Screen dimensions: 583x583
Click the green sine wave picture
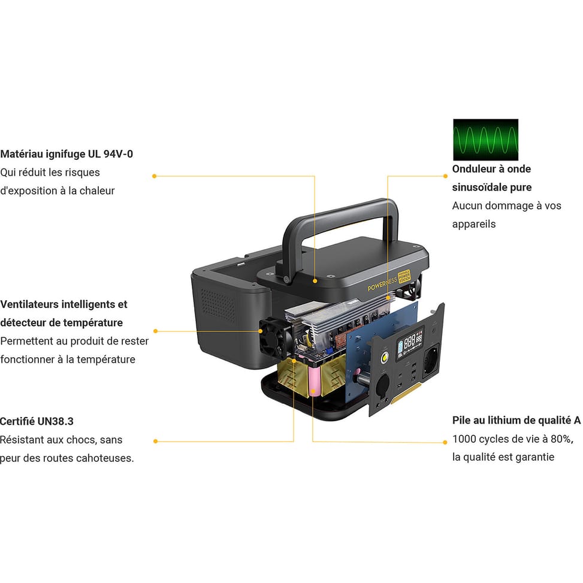point(485,140)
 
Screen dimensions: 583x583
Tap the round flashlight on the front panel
point(385,360)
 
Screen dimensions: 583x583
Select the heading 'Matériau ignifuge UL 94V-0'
point(67,154)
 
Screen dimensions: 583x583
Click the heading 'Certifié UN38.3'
point(37,421)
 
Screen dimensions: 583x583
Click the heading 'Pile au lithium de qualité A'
point(516,421)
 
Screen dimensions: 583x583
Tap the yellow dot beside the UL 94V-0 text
point(155,176)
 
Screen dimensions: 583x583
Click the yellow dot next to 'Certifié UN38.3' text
point(155,442)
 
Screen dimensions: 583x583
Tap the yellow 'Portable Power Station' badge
point(404,277)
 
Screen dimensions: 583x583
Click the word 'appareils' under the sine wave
point(474,224)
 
